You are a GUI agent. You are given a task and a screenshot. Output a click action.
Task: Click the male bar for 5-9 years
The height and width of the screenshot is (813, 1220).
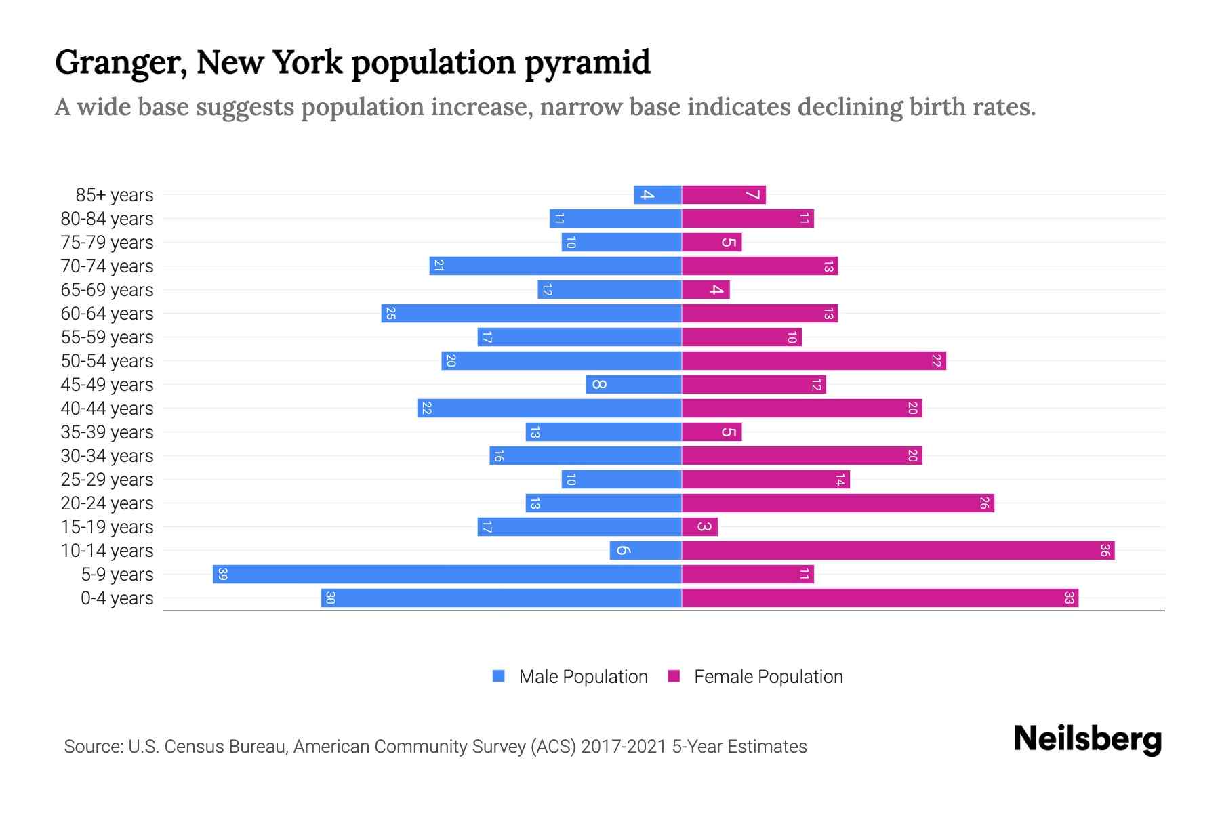[447, 574]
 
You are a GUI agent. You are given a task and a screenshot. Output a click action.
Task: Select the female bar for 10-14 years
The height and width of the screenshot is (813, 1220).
[898, 550]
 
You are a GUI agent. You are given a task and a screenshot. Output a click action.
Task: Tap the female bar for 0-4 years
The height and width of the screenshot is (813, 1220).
[880, 598]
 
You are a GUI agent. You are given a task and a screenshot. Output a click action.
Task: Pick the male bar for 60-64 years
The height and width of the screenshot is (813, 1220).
[531, 313]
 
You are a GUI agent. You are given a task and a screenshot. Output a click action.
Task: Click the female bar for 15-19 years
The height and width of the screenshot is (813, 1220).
[699, 526]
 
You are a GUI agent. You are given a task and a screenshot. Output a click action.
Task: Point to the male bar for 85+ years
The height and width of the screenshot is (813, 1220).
[657, 194]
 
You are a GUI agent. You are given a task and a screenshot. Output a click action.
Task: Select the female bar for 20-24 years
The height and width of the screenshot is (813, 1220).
[838, 503]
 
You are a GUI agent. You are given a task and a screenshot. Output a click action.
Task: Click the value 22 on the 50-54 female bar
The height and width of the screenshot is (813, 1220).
[936, 361]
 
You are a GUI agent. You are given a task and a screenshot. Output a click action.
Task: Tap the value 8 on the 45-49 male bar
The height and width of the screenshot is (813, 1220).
[598, 384]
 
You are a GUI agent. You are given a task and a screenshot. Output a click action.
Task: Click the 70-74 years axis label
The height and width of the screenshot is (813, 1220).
[107, 266]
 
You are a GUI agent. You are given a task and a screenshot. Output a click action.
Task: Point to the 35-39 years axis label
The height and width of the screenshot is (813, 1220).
[107, 432]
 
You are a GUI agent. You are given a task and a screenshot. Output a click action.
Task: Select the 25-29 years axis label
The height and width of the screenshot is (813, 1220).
[107, 480]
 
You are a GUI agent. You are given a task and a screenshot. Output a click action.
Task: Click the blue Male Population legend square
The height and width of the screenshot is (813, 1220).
[499, 676]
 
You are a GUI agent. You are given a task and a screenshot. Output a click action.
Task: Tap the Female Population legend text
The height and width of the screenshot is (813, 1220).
[768, 676]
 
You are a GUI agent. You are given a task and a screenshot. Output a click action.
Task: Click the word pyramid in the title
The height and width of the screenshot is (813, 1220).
[587, 62]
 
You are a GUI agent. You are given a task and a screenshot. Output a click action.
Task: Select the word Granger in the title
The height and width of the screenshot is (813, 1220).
[121, 62]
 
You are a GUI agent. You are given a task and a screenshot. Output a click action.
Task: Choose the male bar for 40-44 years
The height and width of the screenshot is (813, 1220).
[549, 408]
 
